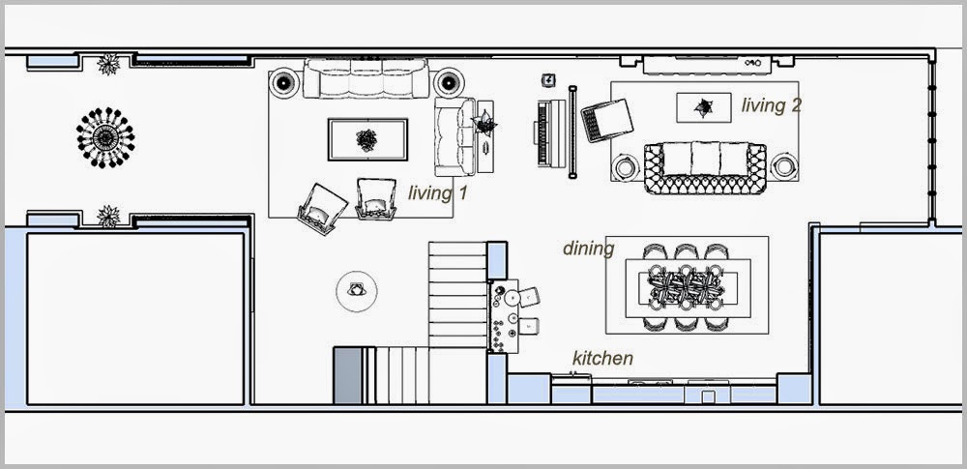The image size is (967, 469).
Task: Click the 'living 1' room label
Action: [x=437, y=193]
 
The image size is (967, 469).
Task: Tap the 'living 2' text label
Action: [x=771, y=105]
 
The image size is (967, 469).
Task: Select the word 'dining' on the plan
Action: [x=588, y=249]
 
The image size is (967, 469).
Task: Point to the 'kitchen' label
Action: [x=602, y=358]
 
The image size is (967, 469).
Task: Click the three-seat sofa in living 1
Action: [x=366, y=78]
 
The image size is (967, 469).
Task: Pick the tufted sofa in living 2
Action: [x=705, y=168]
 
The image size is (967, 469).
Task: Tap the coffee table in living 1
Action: [x=367, y=140]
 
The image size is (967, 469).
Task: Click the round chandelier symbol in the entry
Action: [x=105, y=137]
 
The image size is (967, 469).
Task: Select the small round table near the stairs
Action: [x=357, y=291]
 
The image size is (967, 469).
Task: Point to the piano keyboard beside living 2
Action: [x=550, y=133]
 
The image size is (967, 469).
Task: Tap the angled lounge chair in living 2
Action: [x=607, y=120]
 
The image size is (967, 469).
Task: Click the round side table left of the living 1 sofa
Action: [x=283, y=82]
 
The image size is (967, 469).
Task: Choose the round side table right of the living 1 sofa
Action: [x=449, y=82]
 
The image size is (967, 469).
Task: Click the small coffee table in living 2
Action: [x=704, y=108]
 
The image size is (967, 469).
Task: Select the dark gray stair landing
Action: [x=347, y=376]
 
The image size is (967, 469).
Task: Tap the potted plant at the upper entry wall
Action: [x=108, y=64]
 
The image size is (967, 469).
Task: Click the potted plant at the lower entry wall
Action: [x=108, y=216]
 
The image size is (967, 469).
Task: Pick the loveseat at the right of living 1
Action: [x=454, y=136]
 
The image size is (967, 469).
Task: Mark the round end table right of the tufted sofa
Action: [x=784, y=166]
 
